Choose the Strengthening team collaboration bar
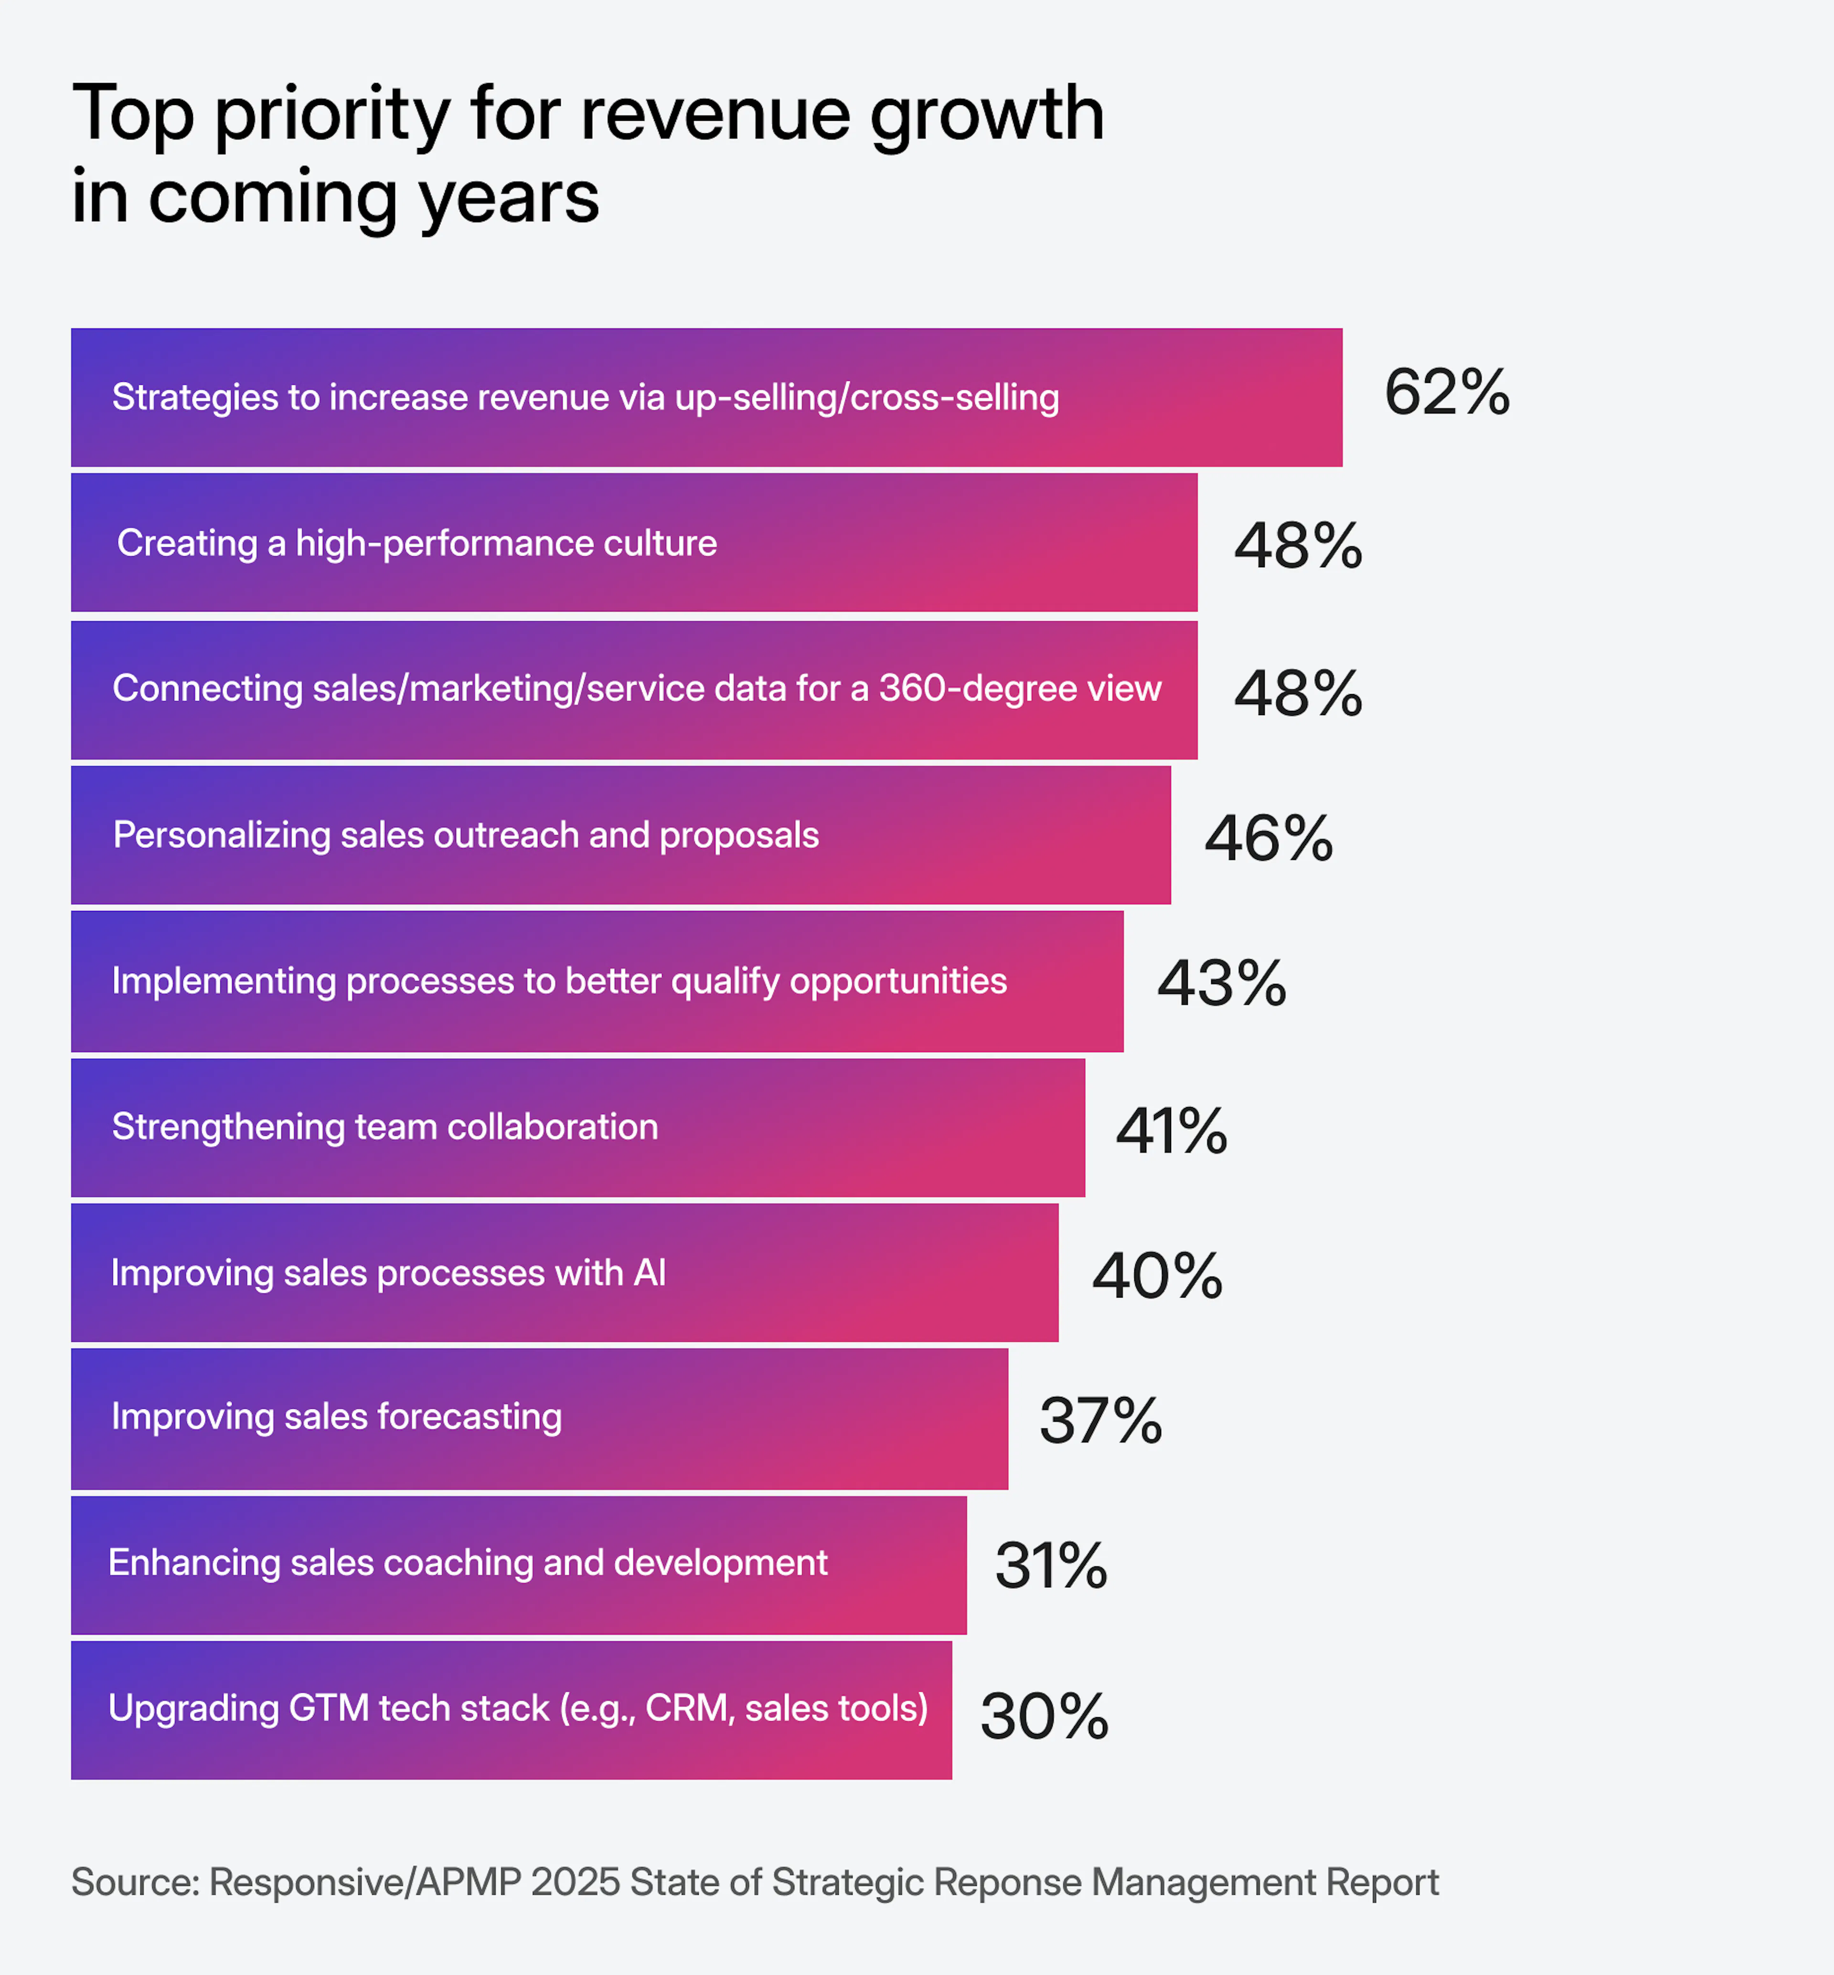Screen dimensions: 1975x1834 pyautogui.click(x=577, y=1128)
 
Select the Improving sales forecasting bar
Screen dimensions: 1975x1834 pyautogui.click(x=539, y=1418)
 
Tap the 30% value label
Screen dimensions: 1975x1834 pyautogui.click(x=1043, y=1716)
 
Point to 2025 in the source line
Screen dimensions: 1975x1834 pyautogui.click(x=576, y=1882)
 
